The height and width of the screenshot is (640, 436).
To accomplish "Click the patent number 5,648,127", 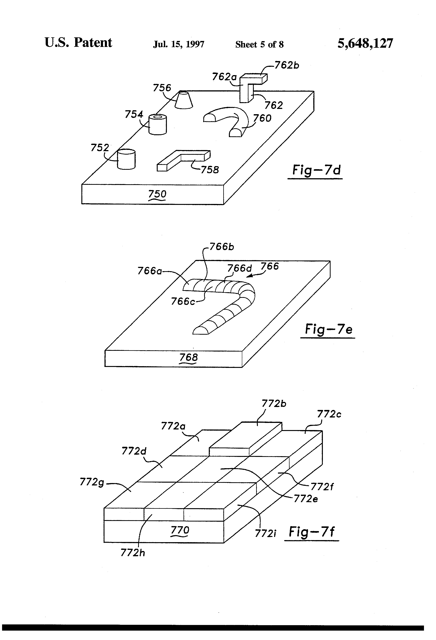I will point(365,44).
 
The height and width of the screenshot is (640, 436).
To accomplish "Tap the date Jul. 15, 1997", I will point(179,44).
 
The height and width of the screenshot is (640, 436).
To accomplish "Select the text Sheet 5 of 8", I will point(259,44).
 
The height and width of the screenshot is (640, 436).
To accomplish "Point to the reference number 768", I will point(188,357).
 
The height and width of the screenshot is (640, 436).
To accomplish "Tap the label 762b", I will point(287,66).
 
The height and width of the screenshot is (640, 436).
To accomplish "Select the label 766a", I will point(150,271).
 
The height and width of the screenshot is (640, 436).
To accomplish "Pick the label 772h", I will point(132,553).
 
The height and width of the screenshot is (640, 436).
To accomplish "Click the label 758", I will point(210,170).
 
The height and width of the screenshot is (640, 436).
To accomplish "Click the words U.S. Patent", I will point(78,43).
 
